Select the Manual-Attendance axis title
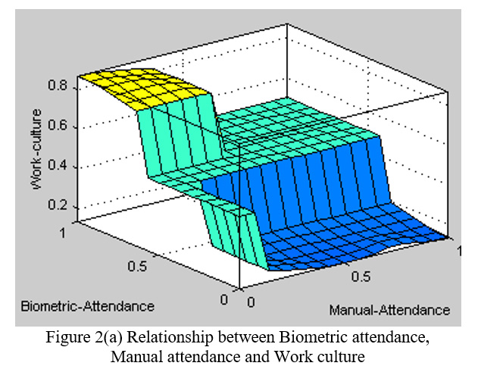pos(389,310)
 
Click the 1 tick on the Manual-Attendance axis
pos(459,249)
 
